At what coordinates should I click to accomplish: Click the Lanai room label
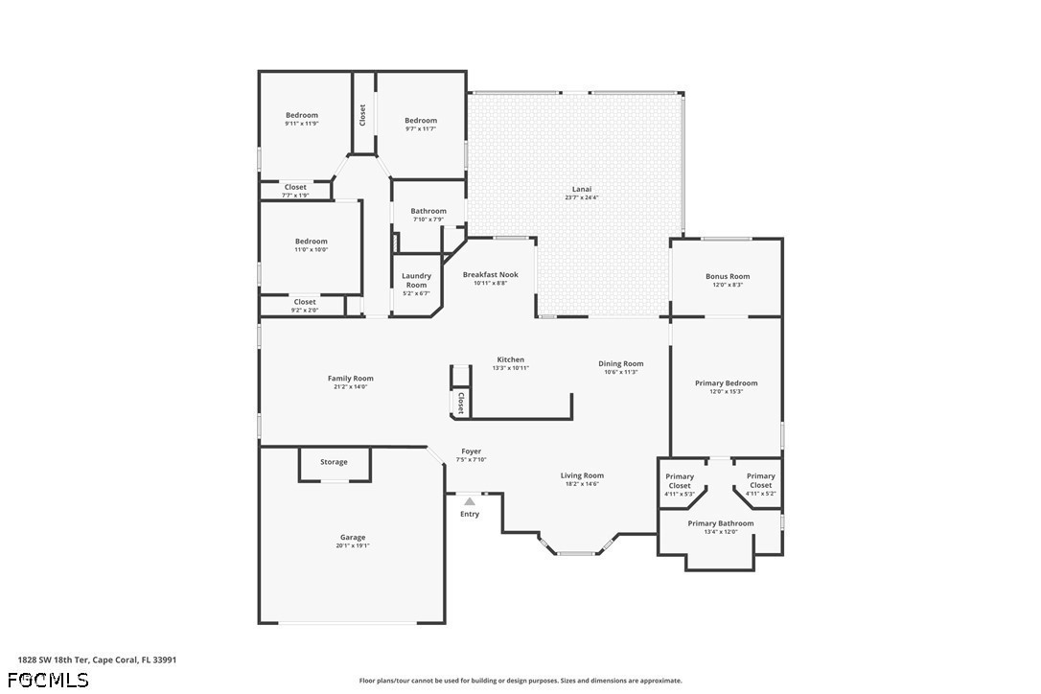(x=582, y=189)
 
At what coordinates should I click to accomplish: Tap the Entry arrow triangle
(x=470, y=502)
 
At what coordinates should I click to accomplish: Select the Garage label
(x=353, y=537)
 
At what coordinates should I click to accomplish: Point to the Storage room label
(x=334, y=462)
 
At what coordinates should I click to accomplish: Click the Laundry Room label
(x=416, y=280)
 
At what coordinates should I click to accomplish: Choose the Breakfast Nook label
(x=491, y=274)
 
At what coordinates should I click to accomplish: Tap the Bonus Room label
(x=728, y=276)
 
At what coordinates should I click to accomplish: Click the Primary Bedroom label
(x=727, y=383)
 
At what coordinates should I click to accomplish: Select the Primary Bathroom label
(x=721, y=523)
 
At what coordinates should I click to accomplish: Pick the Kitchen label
(x=511, y=360)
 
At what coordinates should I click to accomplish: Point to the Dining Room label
(x=621, y=364)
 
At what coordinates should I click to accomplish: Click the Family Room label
(x=351, y=379)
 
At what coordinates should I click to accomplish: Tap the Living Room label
(x=582, y=475)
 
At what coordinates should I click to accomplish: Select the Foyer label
(x=472, y=451)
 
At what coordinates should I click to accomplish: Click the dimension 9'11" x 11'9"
(x=302, y=124)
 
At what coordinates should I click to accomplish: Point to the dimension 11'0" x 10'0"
(x=312, y=250)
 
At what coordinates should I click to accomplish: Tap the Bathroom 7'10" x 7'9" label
(x=428, y=215)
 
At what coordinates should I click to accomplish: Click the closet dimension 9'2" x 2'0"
(x=305, y=311)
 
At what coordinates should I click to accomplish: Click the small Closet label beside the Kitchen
(x=460, y=403)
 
